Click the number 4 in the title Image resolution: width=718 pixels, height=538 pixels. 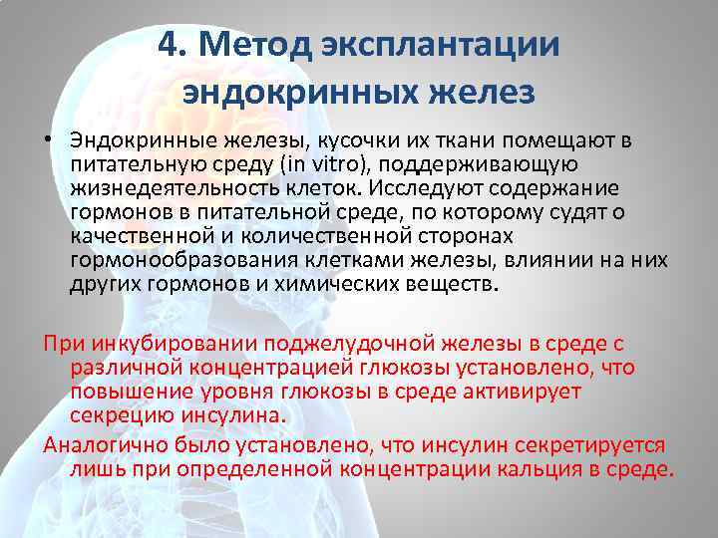(170, 45)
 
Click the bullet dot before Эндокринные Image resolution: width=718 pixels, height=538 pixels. (47, 141)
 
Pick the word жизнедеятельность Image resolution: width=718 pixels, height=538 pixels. (171, 188)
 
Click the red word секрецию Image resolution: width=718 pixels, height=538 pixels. (117, 416)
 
